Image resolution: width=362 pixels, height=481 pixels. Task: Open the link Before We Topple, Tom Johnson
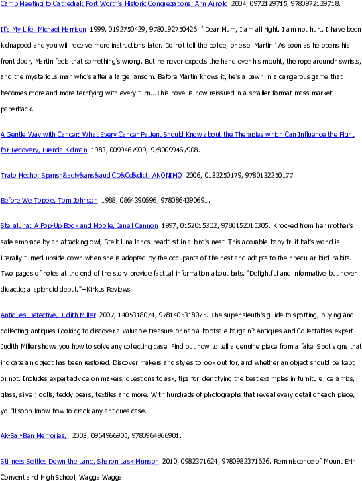pyautogui.click(x=49, y=201)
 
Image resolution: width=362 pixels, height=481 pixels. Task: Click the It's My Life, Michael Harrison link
pyautogui.click(x=44, y=30)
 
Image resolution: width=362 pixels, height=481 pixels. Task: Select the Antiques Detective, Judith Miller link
pyautogui.click(x=48, y=315)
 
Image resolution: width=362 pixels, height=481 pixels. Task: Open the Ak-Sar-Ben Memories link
pyautogui.click(x=35, y=435)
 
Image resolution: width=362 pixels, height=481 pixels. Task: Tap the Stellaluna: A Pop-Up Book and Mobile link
pyautogui.click(x=79, y=226)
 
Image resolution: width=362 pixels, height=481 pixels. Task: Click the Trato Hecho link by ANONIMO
pyautogui.click(x=91, y=176)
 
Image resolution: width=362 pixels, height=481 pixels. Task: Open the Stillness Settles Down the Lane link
pyautogui.click(x=80, y=461)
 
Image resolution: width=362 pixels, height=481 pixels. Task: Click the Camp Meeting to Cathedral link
pyautogui.click(x=114, y=3)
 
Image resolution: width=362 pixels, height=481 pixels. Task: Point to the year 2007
pyautogui.click(x=107, y=315)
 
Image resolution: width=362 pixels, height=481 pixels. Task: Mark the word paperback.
pyautogui.click(x=17, y=109)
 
